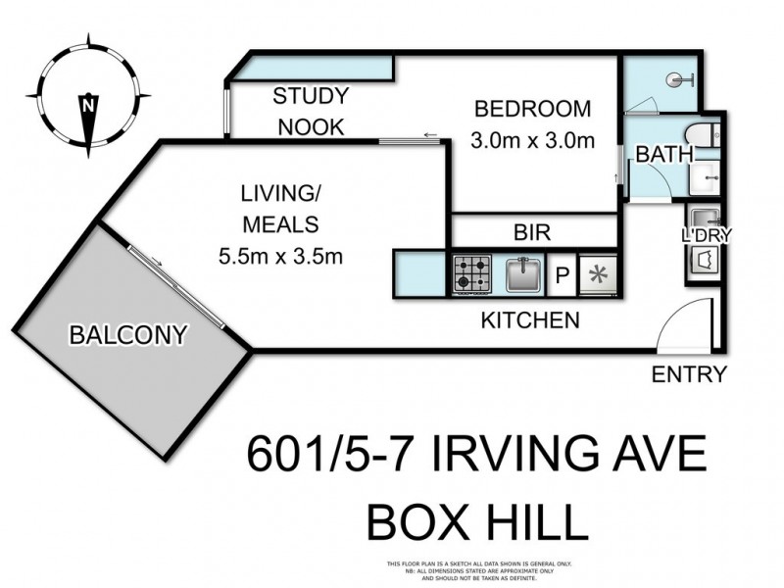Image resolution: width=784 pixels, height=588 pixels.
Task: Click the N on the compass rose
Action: pos(88,103)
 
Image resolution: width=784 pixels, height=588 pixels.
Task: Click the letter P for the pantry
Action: pos(563,275)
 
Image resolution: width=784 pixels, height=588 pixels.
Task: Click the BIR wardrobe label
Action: pos(532,233)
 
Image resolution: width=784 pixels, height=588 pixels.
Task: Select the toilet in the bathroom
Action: pos(701,136)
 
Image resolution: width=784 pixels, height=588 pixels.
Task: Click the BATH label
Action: pos(664,155)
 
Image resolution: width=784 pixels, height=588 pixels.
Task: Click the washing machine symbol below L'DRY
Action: pos(704,260)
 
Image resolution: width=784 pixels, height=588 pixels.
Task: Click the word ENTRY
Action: pos(691,373)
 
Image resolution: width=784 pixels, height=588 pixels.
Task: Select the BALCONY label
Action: pos(126,336)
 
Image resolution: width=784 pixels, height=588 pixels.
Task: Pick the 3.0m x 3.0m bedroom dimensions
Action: pos(533,139)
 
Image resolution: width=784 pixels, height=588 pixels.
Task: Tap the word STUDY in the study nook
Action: pos(311,96)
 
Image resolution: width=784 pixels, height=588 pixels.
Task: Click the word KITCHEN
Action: pos(530,319)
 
